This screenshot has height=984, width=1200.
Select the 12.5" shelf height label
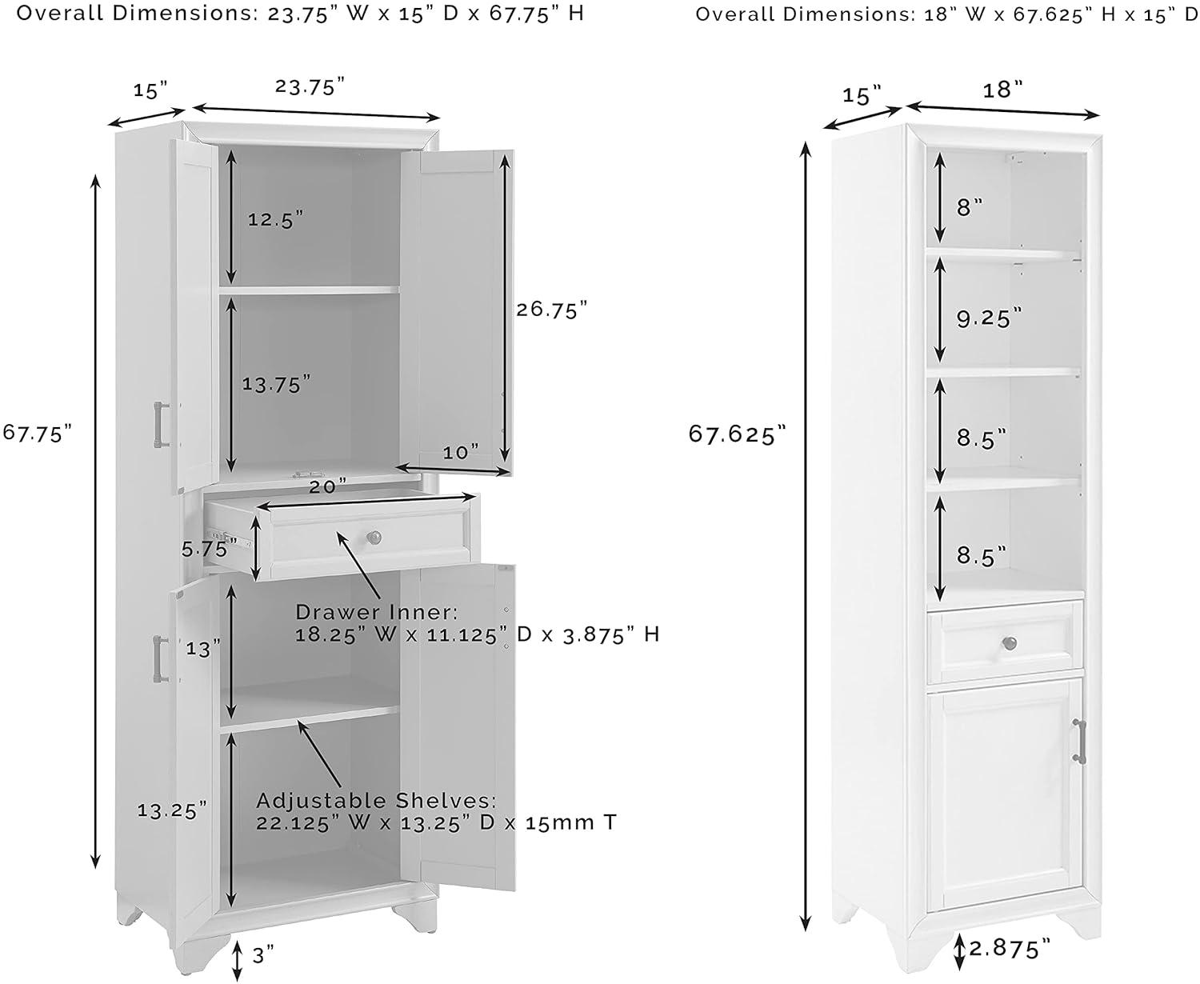pyautogui.click(x=275, y=218)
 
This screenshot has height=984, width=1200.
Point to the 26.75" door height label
pyautogui.click(x=552, y=310)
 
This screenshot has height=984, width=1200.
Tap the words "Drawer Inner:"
pyautogui.click(x=377, y=612)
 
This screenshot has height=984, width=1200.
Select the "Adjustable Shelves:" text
pyautogui.click(x=377, y=801)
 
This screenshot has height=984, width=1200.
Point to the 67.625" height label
pyautogui.click(x=738, y=434)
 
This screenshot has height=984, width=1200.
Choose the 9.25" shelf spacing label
pyautogui.click(x=990, y=318)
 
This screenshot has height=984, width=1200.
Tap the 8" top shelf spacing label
pyautogui.click(x=970, y=207)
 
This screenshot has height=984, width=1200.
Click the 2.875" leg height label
pyautogui.click(x=1010, y=949)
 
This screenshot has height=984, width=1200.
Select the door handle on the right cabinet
pyautogui.click(x=1082, y=741)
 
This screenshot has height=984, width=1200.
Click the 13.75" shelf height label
pyautogui.click(x=276, y=385)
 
